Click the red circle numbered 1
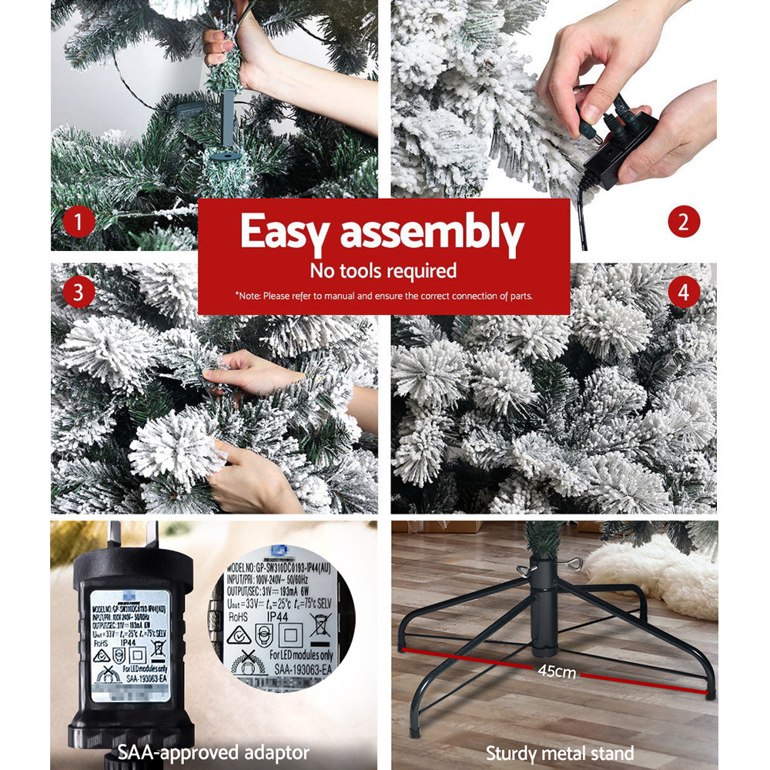coord(79,223)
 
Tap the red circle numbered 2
coord(683,223)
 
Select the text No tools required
coord(383,270)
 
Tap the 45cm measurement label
coord(557,671)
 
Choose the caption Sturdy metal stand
coord(560,753)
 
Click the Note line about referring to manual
coord(383,296)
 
